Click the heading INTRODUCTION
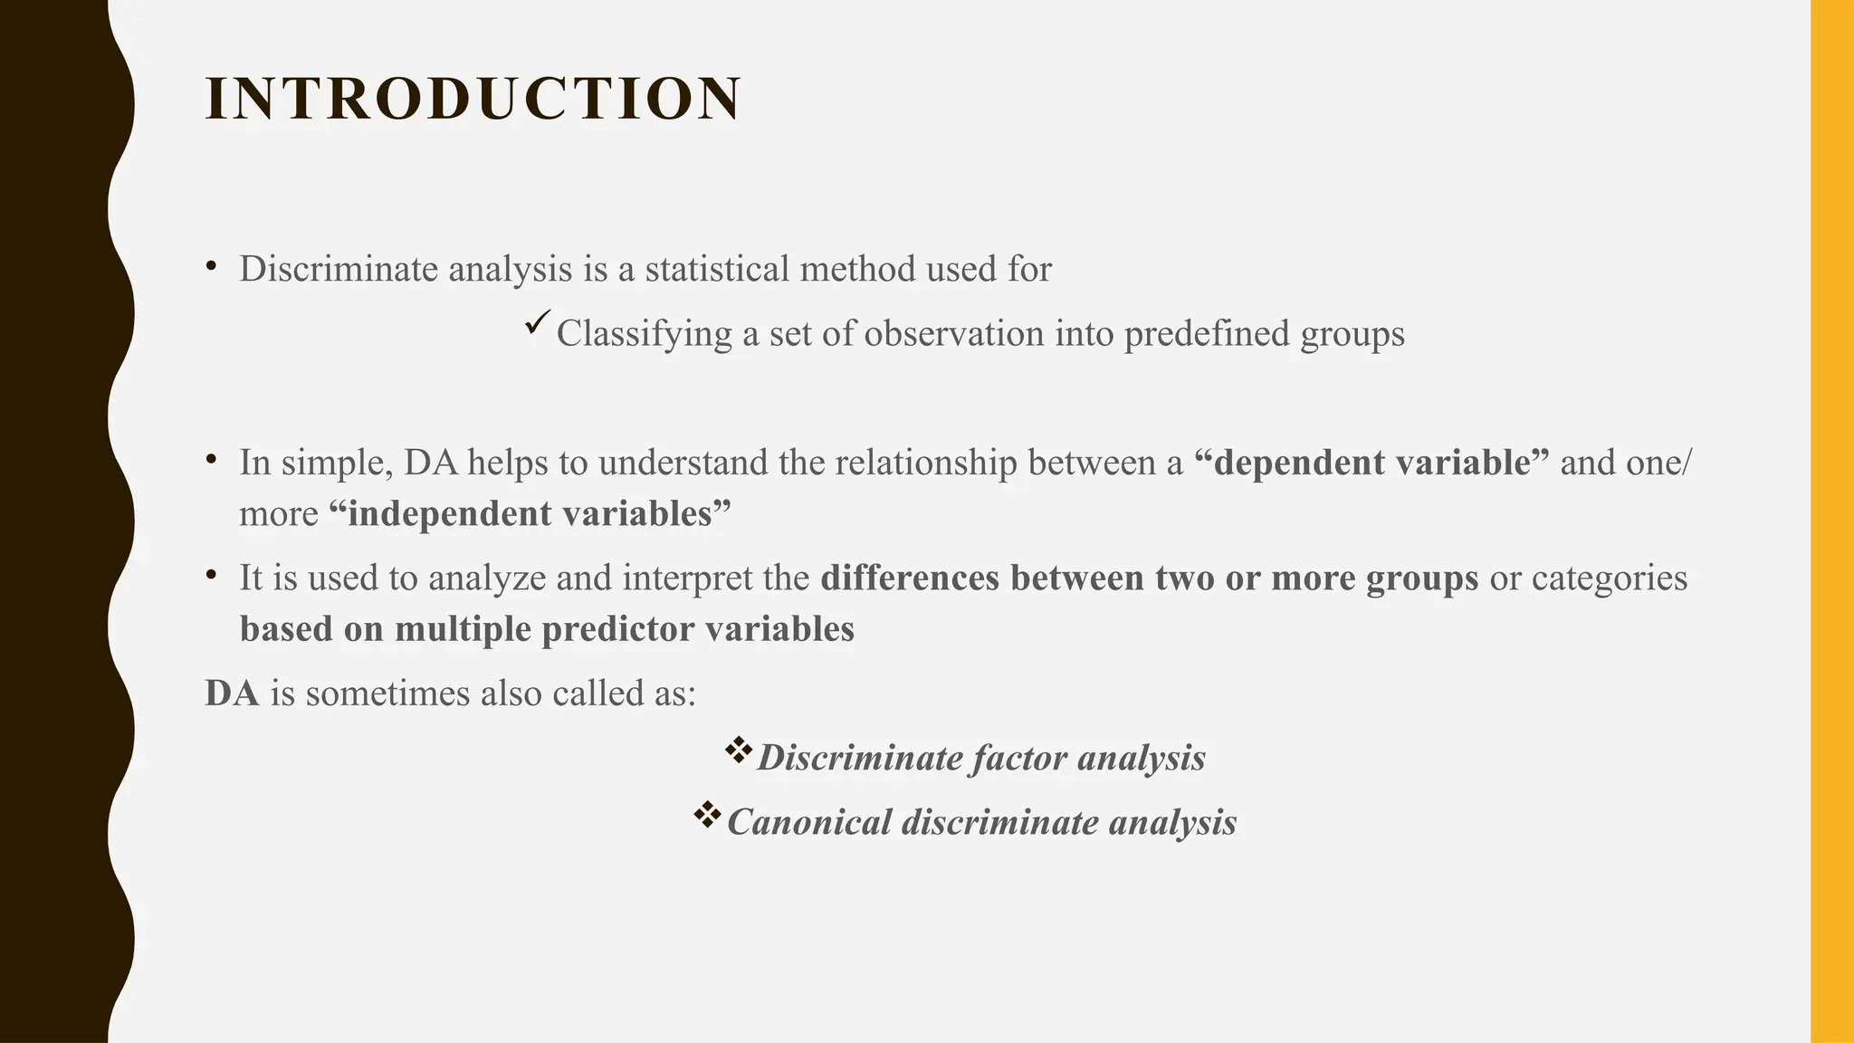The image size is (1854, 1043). tap(473, 99)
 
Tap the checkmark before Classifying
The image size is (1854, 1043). tap(538, 321)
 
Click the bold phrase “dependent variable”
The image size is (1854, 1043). tap(1371, 463)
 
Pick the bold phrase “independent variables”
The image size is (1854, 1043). tap(530, 514)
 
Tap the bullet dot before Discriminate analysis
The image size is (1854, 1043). tap(211, 266)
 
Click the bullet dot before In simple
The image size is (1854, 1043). tap(211, 460)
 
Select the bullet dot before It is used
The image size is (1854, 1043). tap(211, 575)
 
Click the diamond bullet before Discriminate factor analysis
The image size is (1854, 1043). tap(739, 750)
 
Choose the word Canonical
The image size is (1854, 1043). tap(808, 823)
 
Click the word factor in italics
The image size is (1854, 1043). tap(1019, 758)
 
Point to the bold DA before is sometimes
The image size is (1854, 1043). tap(232, 694)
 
